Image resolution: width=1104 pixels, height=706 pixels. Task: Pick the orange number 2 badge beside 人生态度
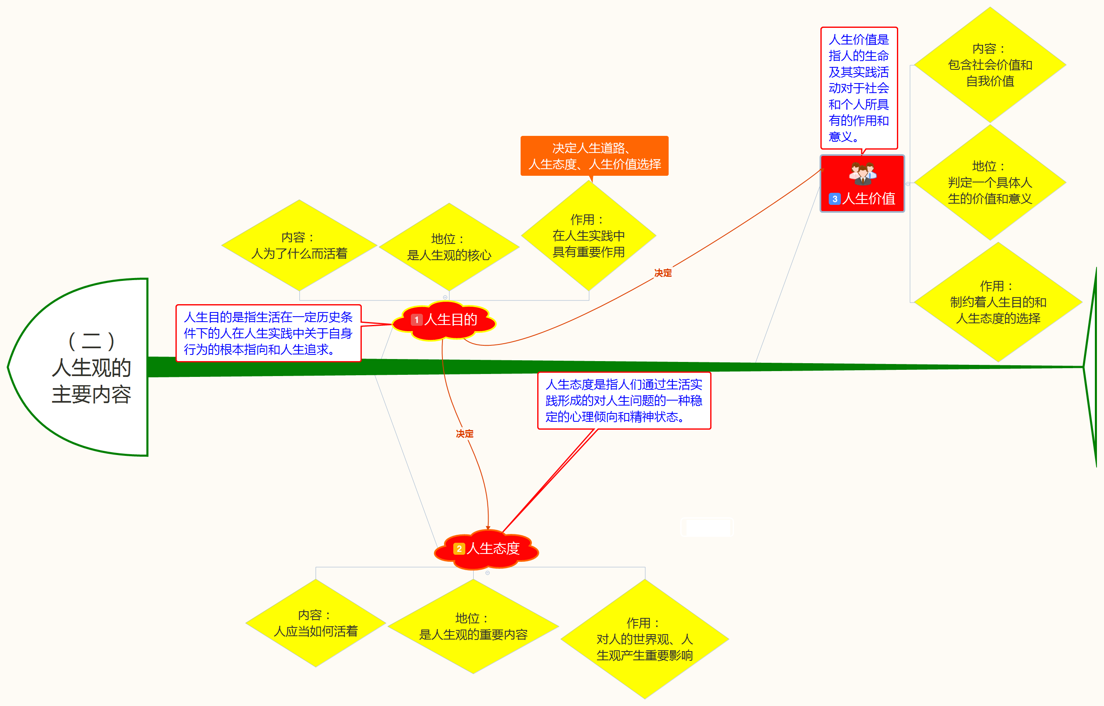pyautogui.click(x=459, y=549)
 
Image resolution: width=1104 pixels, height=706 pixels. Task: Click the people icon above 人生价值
pyautogui.click(x=862, y=173)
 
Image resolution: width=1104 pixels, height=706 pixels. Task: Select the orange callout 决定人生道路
pyautogui.click(x=595, y=156)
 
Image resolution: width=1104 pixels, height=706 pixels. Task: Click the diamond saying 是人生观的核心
pyautogui.click(x=449, y=247)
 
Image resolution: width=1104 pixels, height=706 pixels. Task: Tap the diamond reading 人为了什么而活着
pyautogui.click(x=299, y=246)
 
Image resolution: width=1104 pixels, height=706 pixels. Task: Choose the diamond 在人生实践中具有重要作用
pyautogui.click(x=588, y=236)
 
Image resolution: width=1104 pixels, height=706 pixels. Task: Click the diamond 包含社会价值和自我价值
pyautogui.click(x=990, y=65)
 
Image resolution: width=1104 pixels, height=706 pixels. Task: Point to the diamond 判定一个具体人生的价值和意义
pyautogui.click(x=990, y=182)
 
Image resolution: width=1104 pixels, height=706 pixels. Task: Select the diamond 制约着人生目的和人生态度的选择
pyautogui.click(x=998, y=302)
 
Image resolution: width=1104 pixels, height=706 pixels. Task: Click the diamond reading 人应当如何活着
pyautogui.click(x=316, y=623)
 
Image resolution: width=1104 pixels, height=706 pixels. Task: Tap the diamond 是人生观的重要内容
pyautogui.click(x=473, y=627)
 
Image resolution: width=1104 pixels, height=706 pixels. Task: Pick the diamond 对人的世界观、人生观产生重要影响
pyautogui.click(x=645, y=639)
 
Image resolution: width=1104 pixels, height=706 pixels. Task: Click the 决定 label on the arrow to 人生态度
pyautogui.click(x=464, y=434)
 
